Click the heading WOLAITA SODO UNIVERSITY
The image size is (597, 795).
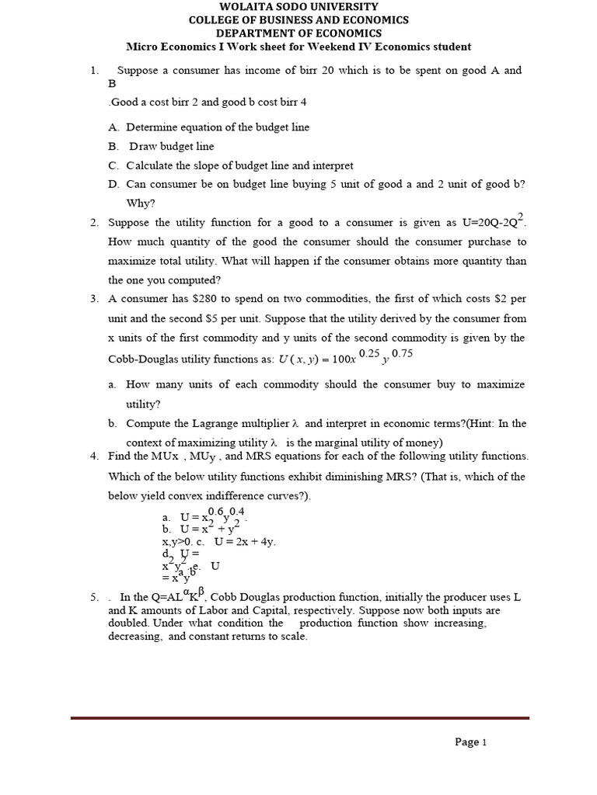(x=298, y=6)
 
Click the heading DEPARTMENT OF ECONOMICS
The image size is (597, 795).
(x=298, y=33)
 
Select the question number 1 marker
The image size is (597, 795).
(x=94, y=71)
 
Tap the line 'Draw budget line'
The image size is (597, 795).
(x=171, y=146)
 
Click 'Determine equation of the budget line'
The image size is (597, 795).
(x=218, y=127)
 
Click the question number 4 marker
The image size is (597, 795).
(x=94, y=457)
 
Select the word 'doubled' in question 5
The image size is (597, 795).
(x=129, y=623)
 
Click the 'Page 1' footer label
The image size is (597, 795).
(x=470, y=742)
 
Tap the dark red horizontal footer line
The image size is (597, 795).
(x=300, y=718)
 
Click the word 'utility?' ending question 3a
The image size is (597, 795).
(x=144, y=404)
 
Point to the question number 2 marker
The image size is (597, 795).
(x=94, y=223)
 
